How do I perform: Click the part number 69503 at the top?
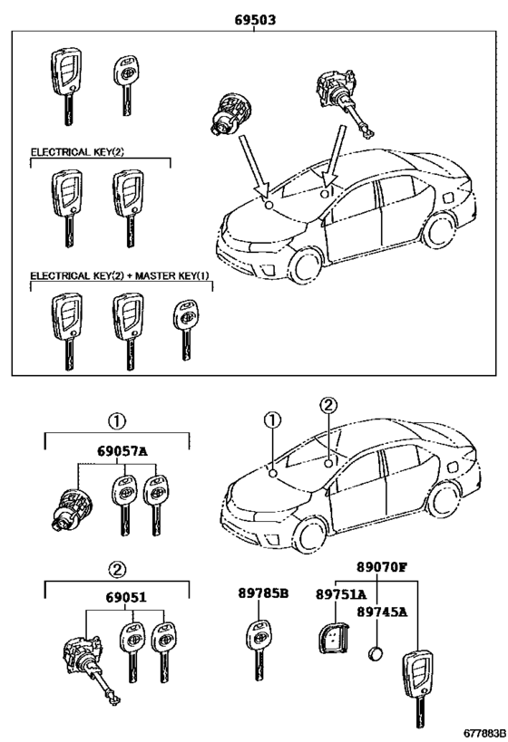tap(255, 20)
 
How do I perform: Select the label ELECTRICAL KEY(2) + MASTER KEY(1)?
tap(120, 275)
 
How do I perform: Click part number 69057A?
tap(122, 451)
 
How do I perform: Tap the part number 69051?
tap(126, 598)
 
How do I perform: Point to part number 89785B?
tap(263, 593)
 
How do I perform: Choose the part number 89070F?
tap(382, 567)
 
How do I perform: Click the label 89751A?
tap(341, 594)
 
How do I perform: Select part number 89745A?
tap(382, 612)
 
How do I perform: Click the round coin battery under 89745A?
tap(376, 654)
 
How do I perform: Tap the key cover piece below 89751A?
tap(332, 639)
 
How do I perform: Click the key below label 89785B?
tap(259, 650)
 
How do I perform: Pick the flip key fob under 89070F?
tap(417, 688)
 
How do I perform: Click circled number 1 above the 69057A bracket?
tap(117, 420)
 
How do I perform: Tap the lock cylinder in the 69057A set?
tap(71, 509)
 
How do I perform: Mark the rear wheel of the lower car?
tap(443, 499)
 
